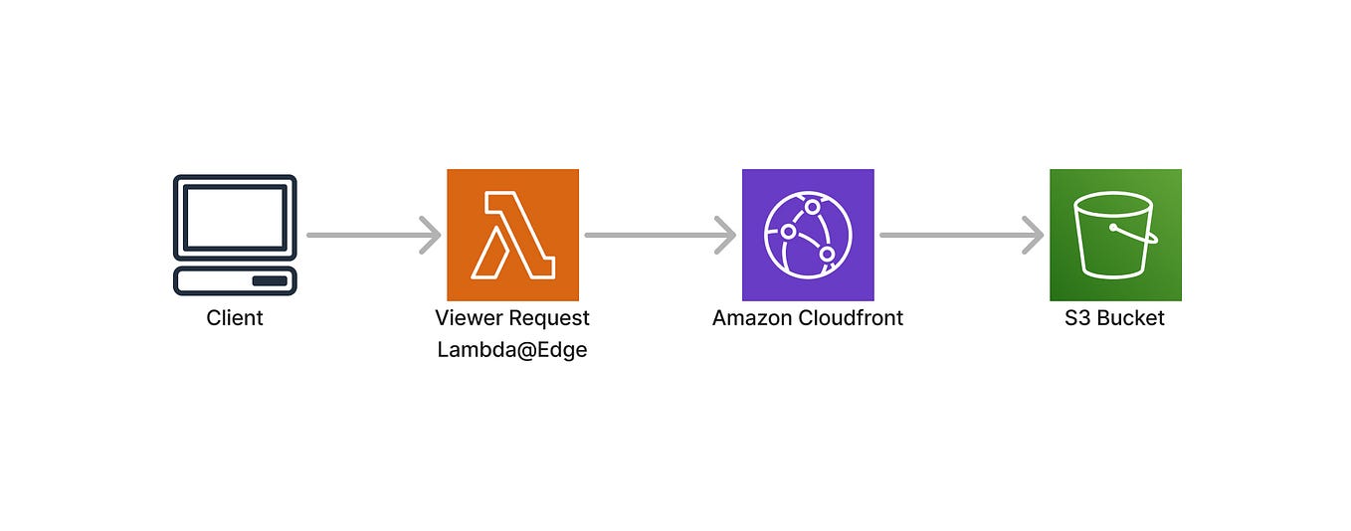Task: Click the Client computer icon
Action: click(235, 235)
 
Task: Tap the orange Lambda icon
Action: click(512, 235)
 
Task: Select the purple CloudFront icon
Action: click(808, 235)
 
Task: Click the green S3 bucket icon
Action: click(1115, 235)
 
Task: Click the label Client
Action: click(235, 318)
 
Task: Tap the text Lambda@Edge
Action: click(512, 350)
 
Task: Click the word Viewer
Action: click(470, 318)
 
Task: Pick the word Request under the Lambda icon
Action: click(549, 318)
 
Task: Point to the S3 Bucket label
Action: click(1115, 318)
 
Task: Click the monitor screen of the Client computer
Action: click(235, 216)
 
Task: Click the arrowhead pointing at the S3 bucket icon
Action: click(1034, 236)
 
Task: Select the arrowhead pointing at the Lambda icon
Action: click(431, 236)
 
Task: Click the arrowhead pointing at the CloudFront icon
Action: click(726, 236)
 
